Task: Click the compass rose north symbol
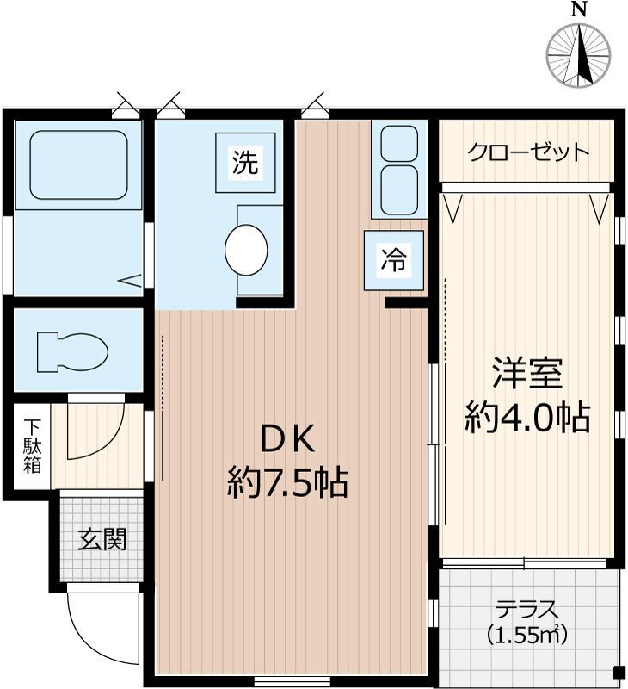579,55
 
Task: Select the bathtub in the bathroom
78,164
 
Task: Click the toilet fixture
72,352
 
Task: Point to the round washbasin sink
246,250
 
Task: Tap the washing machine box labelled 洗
245,163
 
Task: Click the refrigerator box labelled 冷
394,260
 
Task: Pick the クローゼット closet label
528,152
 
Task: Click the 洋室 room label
527,373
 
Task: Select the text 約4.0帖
527,417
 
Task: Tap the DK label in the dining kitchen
287,440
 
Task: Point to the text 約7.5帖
287,482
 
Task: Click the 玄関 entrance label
102,539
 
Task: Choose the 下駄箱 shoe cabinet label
33,446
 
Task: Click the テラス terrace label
527,611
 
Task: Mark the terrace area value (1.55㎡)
527,634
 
